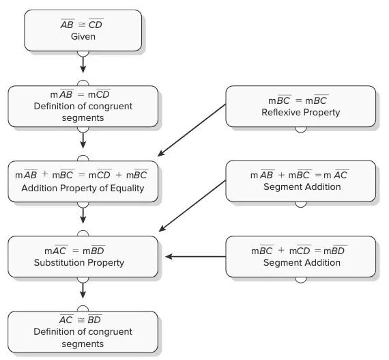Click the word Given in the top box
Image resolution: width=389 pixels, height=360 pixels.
(83, 36)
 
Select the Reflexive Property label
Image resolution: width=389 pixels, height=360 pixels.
(301, 112)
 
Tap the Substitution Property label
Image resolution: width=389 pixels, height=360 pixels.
(79, 262)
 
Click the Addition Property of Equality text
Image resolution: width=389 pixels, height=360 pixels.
(83, 188)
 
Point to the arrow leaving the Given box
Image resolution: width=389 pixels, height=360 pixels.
(83, 65)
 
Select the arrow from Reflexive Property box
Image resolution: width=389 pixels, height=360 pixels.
(192, 130)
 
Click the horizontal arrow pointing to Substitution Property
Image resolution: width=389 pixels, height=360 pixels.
(195, 256)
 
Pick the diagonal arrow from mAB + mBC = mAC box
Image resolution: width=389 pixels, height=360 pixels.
(192, 206)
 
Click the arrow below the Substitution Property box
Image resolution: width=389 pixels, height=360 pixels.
(83, 290)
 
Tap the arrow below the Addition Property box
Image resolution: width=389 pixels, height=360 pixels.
(83, 215)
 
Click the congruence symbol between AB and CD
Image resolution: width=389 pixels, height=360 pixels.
(82, 25)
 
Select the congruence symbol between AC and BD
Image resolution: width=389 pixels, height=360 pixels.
(81, 320)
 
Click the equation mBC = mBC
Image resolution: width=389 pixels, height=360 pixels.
(298, 100)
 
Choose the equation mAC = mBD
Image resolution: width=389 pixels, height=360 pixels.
(74, 250)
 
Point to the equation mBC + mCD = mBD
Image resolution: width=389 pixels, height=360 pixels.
(298, 250)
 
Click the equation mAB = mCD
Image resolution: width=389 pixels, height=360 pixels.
(80, 94)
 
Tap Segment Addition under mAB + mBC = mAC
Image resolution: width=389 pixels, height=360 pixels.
(302, 186)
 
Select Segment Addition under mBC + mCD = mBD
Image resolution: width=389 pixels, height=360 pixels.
(302, 262)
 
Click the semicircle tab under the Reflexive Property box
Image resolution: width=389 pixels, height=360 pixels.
(301, 130)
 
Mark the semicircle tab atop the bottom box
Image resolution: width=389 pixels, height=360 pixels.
(83, 309)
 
